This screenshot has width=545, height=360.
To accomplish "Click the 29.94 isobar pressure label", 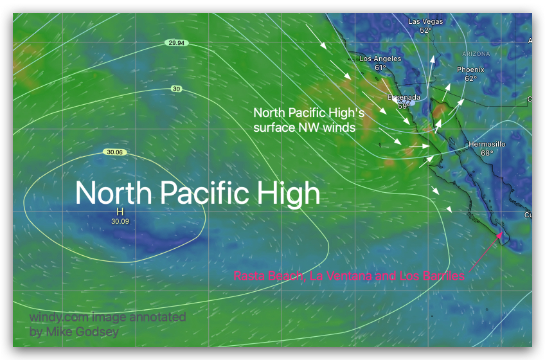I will pyautogui.click(x=175, y=43).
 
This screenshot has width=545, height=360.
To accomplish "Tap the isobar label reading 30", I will pyautogui.click(x=176, y=89).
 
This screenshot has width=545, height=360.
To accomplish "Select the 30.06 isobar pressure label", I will pyautogui.click(x=116, y=152).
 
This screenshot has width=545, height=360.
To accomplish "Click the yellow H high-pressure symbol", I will pyautogui.click(x=120, y=212).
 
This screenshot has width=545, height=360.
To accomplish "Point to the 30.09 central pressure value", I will pyautogui.click(x=120, y=221).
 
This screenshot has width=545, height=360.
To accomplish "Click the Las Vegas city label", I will pyautogui.click(x=425, y=21).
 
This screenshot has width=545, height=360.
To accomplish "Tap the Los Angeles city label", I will pyautogui.click(x=380, y=59).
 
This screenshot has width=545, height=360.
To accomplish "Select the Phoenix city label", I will pyautogui.click(x=470, y=69).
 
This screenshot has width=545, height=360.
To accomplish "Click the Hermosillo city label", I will pyautogui.click(x=487, y=144).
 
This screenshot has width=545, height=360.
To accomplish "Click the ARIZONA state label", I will pyautogui.click(x=476, y=54).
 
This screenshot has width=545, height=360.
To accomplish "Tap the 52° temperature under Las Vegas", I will pyautogui.click(x=425, y=30).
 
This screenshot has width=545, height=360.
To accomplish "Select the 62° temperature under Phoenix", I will pyautogui.click(x=470, y=78).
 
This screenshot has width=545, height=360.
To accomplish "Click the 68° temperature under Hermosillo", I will pyautogui.click(x=487, y=153).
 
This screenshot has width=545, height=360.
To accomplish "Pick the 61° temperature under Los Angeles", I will pyautogui.click(x=380, y=67).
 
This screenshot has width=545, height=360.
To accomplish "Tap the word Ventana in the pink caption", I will pyautogui.click(x=347, y=276).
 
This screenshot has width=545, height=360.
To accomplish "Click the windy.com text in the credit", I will pyautogui.click(x=57, y=317).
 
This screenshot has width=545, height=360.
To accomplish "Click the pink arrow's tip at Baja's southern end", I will pyautogui.click(x=503, y=232).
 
